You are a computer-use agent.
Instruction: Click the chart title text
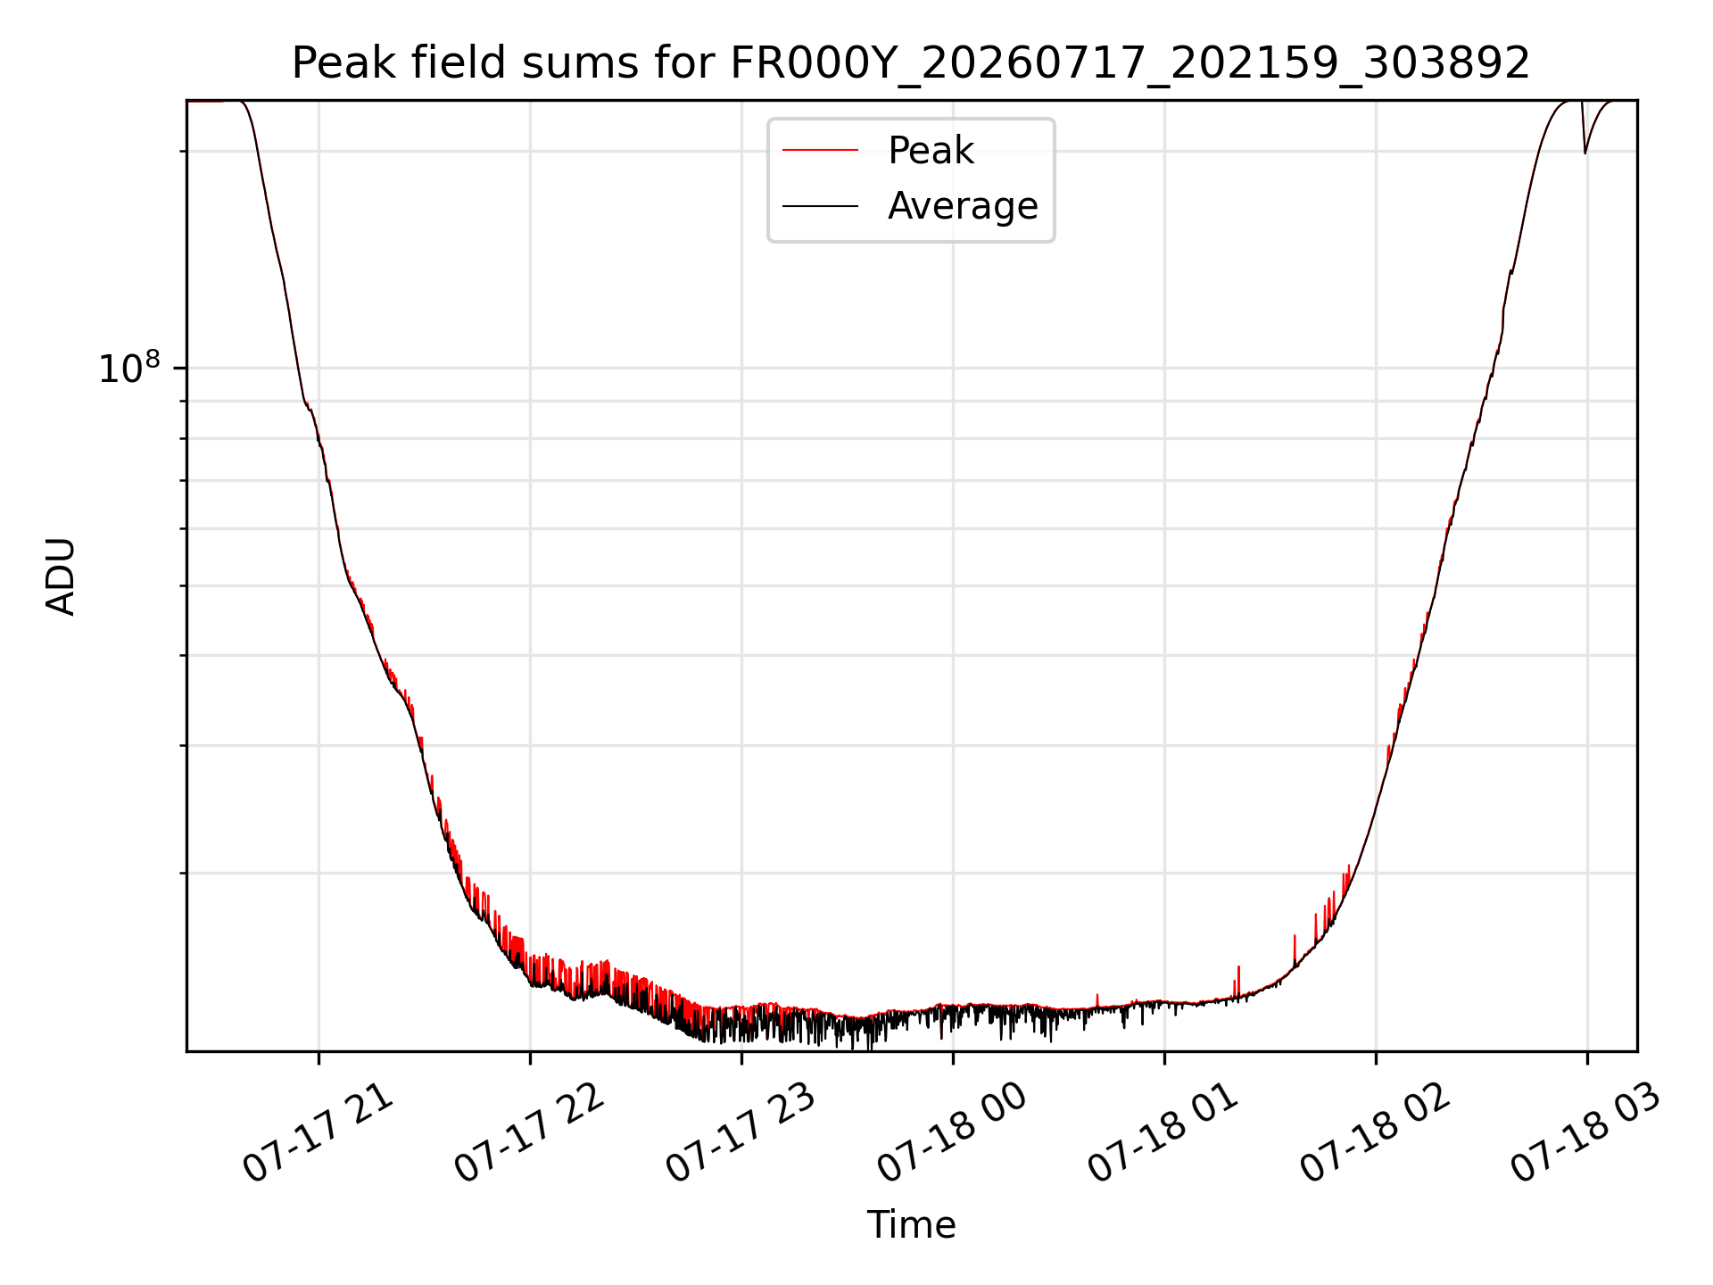pos(911,63)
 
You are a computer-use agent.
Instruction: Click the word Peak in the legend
pos(931,151)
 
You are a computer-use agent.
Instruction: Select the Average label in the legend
pos(963,206)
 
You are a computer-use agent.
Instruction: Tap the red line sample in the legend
pos(820,151)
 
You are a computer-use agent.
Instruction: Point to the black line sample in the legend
pos(820,206)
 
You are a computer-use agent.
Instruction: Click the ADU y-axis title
pos(61,576)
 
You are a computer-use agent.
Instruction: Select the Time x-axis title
pos(911,1225)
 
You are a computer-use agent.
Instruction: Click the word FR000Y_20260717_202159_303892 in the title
pos(1130,63)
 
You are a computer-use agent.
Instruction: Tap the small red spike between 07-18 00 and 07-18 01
pos(1097,1000)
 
